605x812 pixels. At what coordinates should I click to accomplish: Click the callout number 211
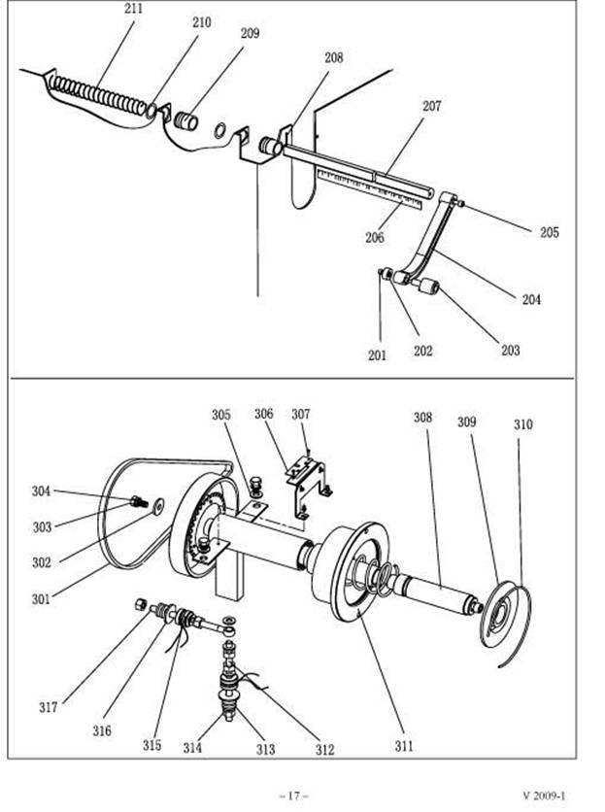point(134,9)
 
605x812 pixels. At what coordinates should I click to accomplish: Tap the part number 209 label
point(250,33)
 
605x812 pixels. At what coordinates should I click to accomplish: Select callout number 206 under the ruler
point(375,237)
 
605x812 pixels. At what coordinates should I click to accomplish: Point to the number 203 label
point(510,351)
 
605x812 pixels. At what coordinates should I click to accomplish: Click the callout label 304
point(42,491)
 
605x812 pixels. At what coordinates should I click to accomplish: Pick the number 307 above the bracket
point(300,415)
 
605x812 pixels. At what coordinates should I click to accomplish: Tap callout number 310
point(522,424)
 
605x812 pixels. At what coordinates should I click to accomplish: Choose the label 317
point(49,707)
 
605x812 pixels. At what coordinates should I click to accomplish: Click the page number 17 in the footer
point(293,795)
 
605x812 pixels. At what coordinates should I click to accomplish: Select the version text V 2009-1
point(544,795)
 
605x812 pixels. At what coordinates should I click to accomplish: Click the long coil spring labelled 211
point(99,95)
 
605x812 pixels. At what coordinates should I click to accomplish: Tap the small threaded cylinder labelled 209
point(186,120)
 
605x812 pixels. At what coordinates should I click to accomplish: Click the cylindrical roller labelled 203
point(429,287)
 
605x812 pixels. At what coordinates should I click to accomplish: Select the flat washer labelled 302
point(157,505)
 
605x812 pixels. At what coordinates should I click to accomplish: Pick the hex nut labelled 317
point(141,604)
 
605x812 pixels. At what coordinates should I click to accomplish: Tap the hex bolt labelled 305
point(256,487)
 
